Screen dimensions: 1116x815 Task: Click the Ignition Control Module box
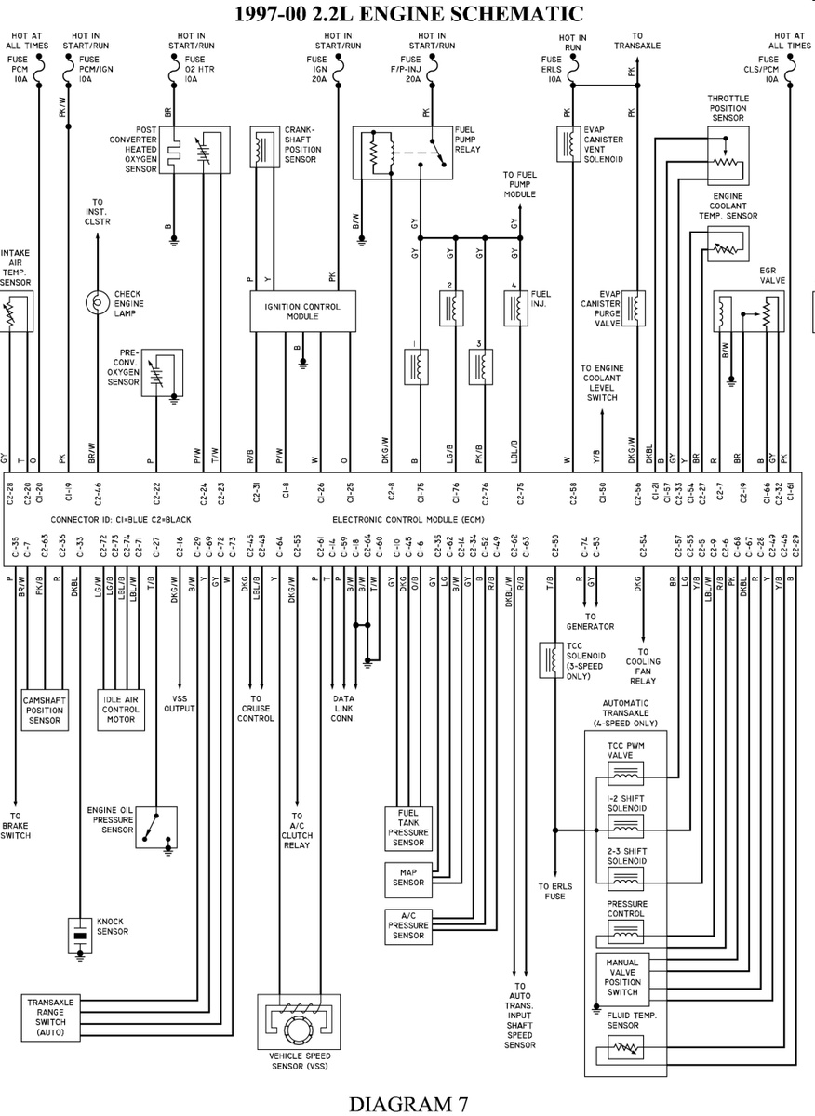tap(302, 311)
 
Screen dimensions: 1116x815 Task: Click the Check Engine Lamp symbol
tap(98, 301)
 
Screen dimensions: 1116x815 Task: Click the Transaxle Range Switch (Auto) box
tap(50, 1016)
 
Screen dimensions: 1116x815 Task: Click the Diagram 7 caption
tap(408, 1103)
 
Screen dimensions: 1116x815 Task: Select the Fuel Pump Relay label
tap(467, 139)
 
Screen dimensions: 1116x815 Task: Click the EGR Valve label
tap(773, 274)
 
